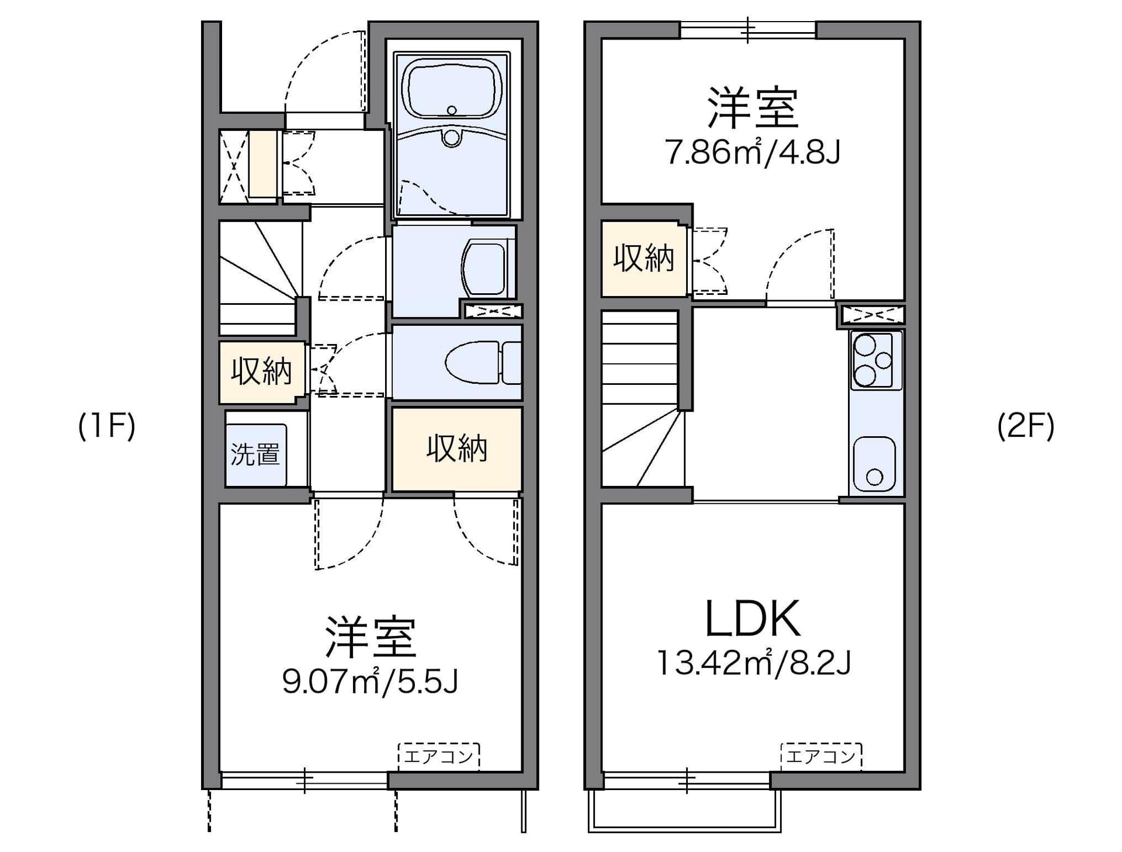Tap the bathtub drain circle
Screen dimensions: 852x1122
(x=451, y=110)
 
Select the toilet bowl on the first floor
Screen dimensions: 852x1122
(x=472, y=363)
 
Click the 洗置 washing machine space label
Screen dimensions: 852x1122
(x=255, y=454)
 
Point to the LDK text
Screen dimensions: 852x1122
(x=753, y=619)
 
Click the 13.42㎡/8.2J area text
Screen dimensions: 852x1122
(x=754, y=663)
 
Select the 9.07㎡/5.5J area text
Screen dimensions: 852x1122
(x=370, y=681)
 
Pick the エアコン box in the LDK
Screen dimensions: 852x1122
(x=821, y=757)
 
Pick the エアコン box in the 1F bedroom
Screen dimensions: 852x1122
(x=438, y=757)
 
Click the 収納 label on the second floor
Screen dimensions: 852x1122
(x=643, y=258)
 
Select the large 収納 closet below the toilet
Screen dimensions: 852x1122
(x=456, y=448)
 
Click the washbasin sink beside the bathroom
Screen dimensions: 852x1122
(x=484, y=270)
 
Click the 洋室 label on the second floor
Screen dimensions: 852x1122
(x=753, y=108)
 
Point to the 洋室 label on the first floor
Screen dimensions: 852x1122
(x=370, y=637)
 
